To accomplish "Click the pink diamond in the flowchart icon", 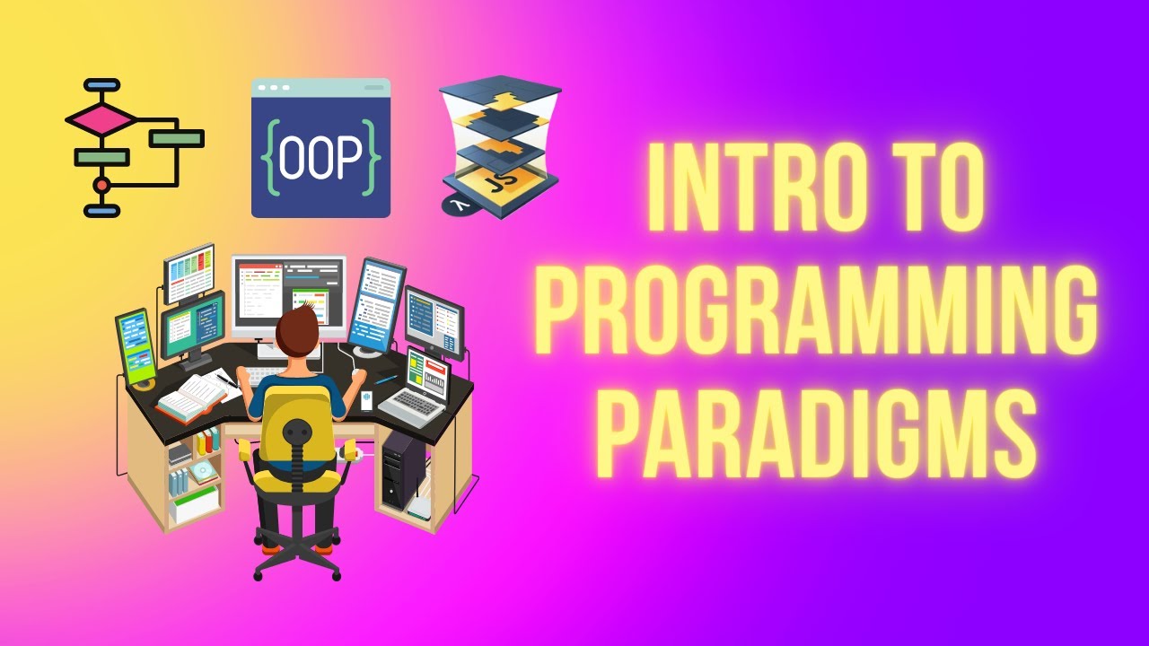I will pos(101,118).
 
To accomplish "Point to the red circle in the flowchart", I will pos(101,185).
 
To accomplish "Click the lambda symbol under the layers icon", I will pos(458,205).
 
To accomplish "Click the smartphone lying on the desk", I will pos(366,401).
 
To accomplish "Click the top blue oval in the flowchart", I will pos(101,86).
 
